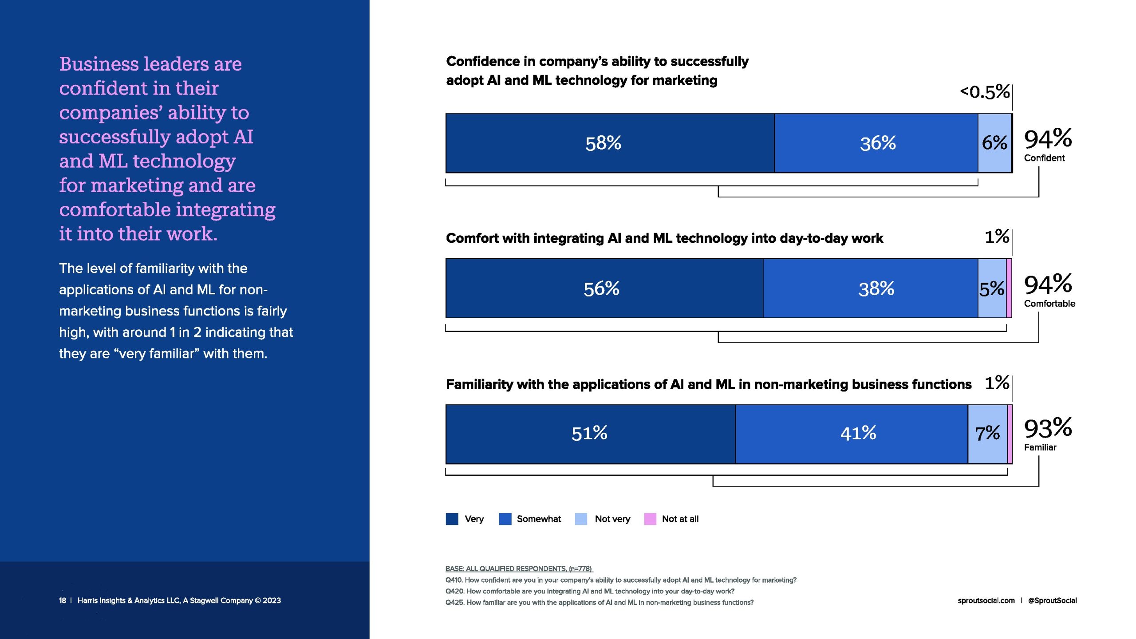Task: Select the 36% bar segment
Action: pos(876,143)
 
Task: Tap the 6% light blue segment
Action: pos(994,143)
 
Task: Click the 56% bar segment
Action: pos(604,288)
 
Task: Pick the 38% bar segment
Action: pos(870,288)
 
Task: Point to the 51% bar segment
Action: pos(590,434)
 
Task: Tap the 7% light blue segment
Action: pos(987,434)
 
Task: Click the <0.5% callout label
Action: pos(985,92)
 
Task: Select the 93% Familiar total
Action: pos(1048,429)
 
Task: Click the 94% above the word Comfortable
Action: pos(1048,284)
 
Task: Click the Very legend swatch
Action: pos(452,519)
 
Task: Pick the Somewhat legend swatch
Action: pos(505,519)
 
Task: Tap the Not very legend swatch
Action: pos(581,519)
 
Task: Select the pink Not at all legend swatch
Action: pos(650,519)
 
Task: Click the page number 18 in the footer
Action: pos(63,600)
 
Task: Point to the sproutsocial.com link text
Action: pos(986,600)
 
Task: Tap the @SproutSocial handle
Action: pos(1052,600)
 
